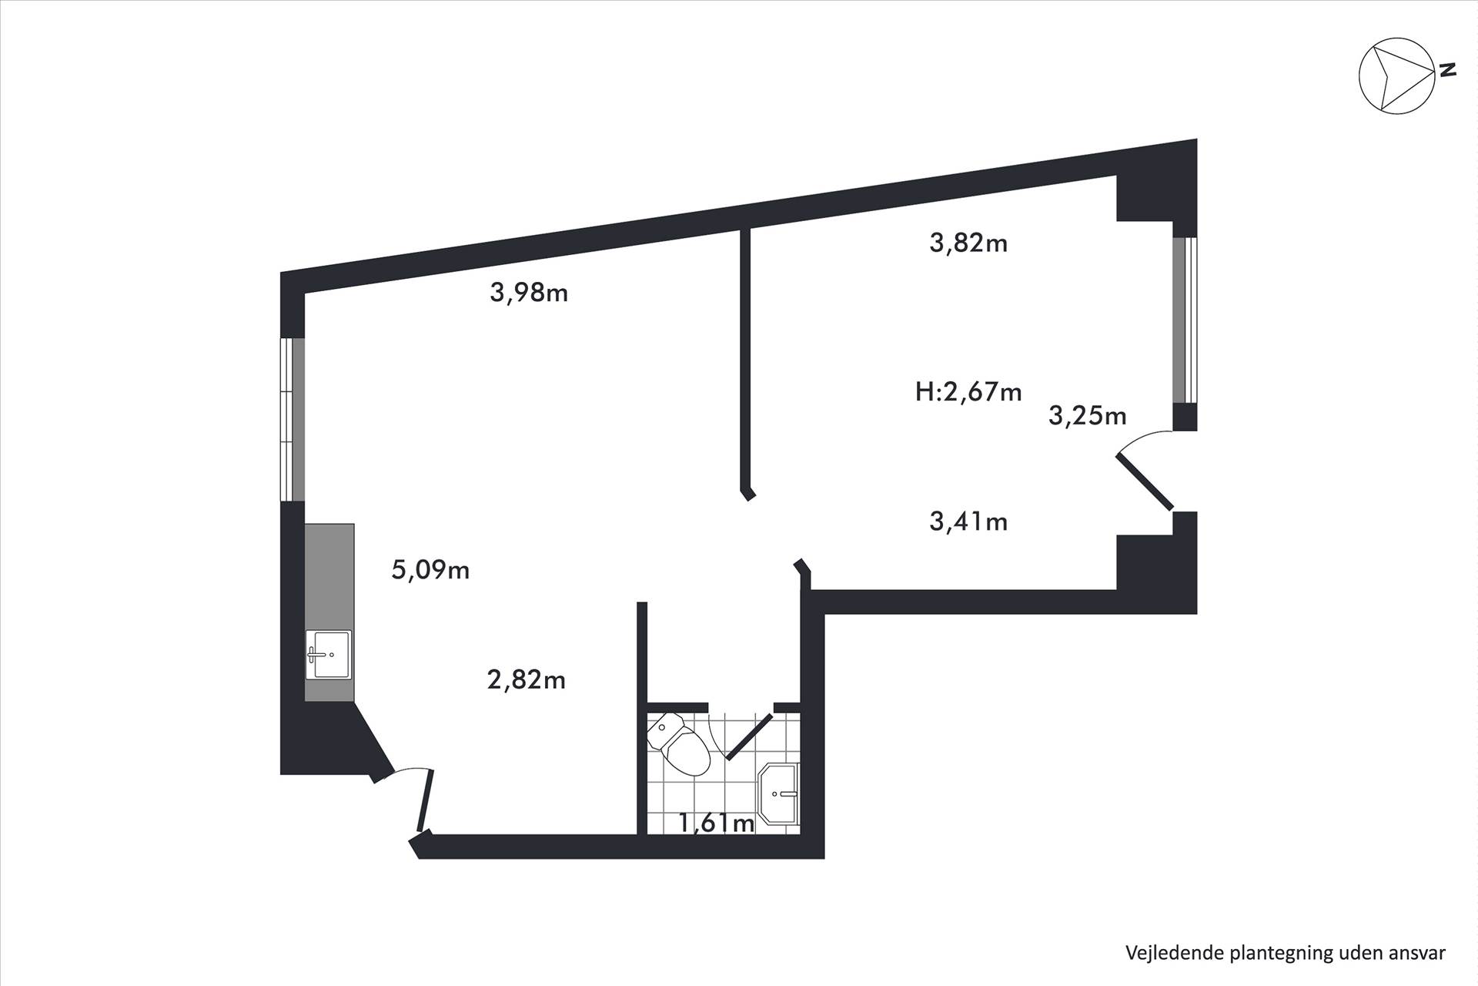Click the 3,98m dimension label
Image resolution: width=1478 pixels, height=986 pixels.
click(x=529, y=293)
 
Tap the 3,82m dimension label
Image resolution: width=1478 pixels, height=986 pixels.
click(x=968, y=243)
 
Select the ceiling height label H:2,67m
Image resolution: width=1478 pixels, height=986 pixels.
click(x=968, y=392)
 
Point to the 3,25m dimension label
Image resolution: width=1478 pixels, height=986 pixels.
click(x=1087, y=416)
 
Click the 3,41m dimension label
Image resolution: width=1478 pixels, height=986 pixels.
click(x=968, y=522)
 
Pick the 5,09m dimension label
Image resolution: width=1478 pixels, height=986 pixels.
click(x=430, y=570)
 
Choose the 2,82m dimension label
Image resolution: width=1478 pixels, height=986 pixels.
click(x=527, y=680)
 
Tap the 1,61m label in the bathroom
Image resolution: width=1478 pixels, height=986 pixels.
click(x=716, y=823)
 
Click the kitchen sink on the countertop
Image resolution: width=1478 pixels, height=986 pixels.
click(x=328, y=655)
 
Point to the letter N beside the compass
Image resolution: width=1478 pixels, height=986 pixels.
click(x=1448, y=70)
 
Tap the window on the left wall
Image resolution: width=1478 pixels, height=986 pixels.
click(x=293, y=419)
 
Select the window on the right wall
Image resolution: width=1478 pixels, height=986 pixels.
click(x=1185, y=320)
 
